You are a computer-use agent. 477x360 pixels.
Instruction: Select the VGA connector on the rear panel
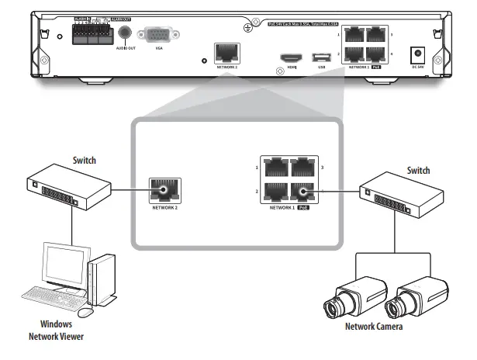[x=160, y=35]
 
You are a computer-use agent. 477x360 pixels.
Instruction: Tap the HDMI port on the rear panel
[x=292, y=59]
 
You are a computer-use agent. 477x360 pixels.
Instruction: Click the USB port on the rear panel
[x=321, y=58]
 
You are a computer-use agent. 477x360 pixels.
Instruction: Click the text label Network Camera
[x=375, y=327]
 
